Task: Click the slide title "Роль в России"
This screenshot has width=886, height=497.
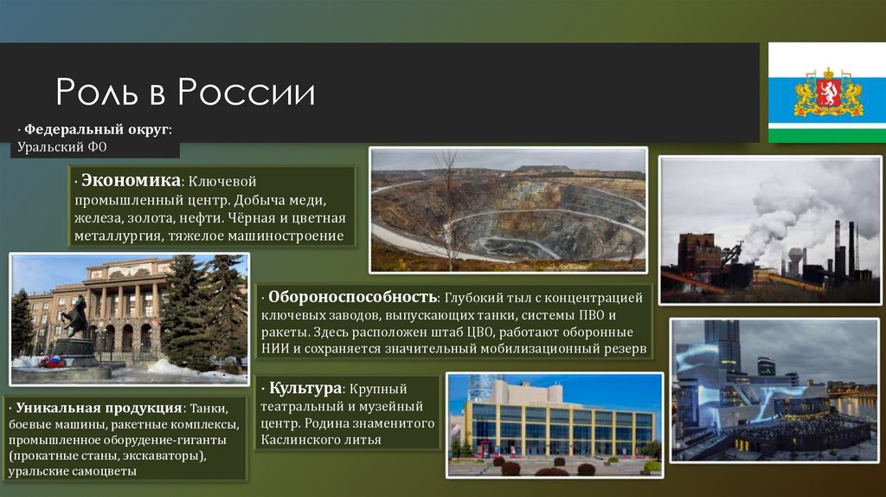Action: coord(185,93)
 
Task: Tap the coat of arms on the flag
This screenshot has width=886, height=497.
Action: coord(828,93)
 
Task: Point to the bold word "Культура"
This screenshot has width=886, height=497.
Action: coord(304,387)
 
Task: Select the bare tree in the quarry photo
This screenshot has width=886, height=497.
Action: coord(446,208)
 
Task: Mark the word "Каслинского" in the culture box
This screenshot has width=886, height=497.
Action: coord(301,440)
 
